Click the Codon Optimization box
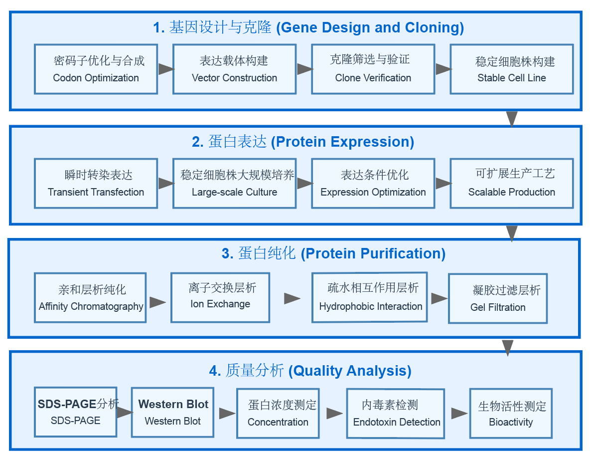(96, 69)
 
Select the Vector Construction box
(234, 69)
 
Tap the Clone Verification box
(373, 69)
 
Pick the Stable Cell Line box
(511, 69)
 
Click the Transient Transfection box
(96, 184)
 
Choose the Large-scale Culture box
(234, 184)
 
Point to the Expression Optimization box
(373, 184)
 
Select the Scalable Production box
(511, 184)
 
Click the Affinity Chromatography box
(90, 298)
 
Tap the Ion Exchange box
(220, 297)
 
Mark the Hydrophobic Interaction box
(370, 297)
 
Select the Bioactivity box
(511, 414)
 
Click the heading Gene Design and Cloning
(308, 27)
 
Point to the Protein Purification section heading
(333, 253)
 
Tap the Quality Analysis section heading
(310, 371)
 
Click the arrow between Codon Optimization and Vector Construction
(165, 69)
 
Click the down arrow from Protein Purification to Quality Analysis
(507, 347)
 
